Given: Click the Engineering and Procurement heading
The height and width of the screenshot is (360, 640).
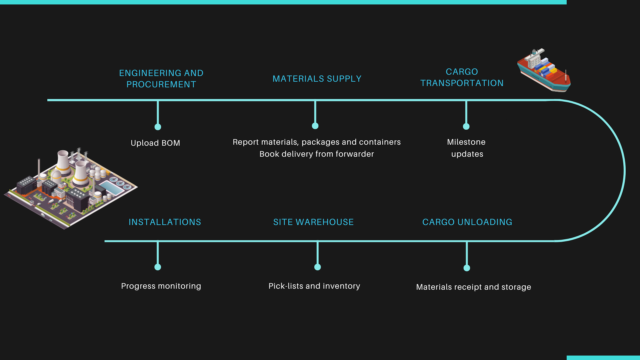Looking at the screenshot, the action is tap(161, 79).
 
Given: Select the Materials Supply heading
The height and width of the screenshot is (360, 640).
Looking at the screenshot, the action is tap(317, 79).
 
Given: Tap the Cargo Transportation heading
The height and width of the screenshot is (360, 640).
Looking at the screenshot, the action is tap(462, 77).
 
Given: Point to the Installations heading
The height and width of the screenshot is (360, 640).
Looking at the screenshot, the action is tap(165, 222).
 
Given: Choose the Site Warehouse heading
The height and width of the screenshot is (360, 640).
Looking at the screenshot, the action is tap(313, 222).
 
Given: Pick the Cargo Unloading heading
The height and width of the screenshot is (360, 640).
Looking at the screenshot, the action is tap(467, 222).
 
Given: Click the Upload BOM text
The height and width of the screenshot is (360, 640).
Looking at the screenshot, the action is tap(155, 143).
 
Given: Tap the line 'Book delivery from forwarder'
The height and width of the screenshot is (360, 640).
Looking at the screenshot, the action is tap(317, 154).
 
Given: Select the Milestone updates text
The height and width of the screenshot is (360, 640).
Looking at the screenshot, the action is tap(466, 148).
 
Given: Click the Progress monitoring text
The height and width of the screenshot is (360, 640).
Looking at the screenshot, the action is tap(161, 286).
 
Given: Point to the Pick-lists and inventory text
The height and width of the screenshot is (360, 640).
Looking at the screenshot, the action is tap(314, 286).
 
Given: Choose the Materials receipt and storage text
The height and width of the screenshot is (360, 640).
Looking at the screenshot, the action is tap(474, 287).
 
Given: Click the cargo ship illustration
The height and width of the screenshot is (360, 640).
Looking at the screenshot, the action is tap(544, 70).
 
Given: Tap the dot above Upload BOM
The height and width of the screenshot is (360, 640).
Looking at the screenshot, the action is tap(158, 127).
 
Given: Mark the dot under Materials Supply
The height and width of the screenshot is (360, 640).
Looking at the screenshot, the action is tap(315, 126).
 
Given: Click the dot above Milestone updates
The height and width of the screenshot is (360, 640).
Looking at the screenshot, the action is tap(466, 126).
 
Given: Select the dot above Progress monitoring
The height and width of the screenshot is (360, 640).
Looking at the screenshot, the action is tap(158, 267).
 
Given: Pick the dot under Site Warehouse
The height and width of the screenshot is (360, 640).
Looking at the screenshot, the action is tap(318, 267).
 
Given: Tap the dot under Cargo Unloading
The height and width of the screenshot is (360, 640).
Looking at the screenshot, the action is tap(467, 268).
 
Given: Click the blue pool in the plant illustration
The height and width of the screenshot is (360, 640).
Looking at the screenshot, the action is tap(111, 188).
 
